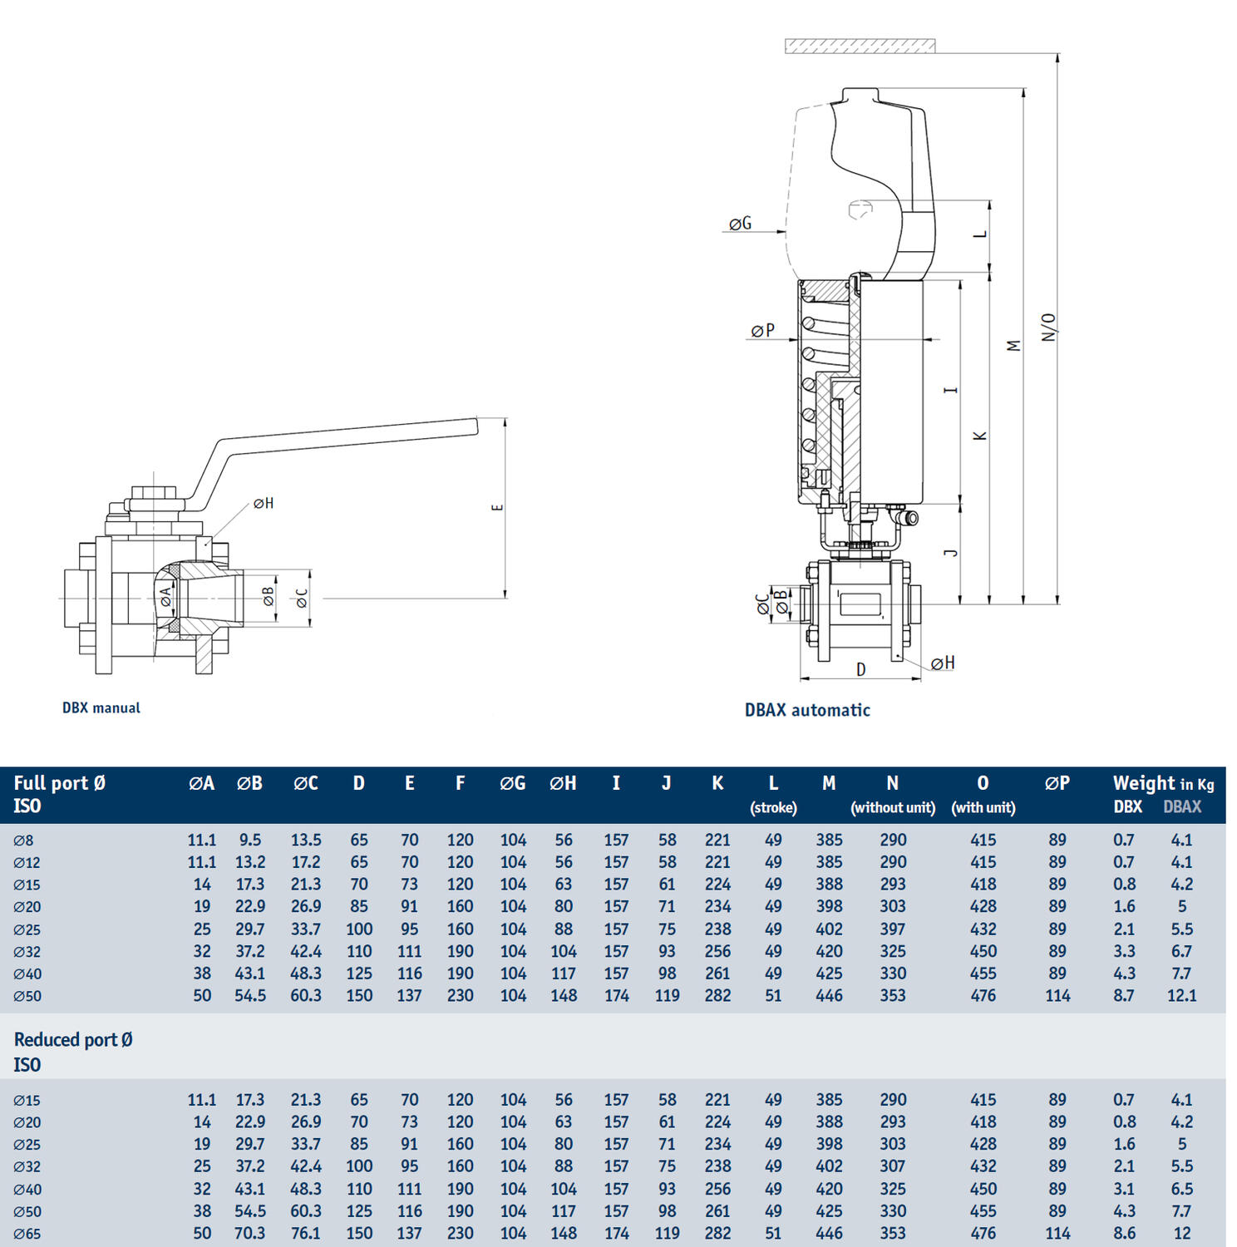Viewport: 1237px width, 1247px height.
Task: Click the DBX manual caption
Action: [x=101, y=708]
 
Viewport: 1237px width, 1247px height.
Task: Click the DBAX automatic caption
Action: [x=806, y=710]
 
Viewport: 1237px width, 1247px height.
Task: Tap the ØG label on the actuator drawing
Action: [x=740, y=224]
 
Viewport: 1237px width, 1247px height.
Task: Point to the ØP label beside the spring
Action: [x=762, y=331]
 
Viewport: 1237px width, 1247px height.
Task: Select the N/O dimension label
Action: [x=1048, y=327]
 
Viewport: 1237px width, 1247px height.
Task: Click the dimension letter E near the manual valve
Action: [x=497, y=507]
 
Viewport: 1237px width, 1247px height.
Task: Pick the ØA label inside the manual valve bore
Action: [x=165, y=596]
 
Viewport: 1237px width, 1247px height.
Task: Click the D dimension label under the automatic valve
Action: [x=861, y=669]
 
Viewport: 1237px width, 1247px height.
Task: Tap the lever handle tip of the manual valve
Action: [x=474, y=426]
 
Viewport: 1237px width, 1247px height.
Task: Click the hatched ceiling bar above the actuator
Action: [x=860, y=46]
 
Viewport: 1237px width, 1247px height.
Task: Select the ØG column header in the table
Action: [x=512, y=783]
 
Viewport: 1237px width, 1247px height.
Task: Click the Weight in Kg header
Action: [x=1163, y=783]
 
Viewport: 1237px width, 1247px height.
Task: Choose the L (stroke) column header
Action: [x=773, y=793]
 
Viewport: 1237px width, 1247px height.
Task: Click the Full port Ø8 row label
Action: [x=23, y=840]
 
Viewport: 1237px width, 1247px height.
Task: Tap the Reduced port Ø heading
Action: [x=73, y=1040]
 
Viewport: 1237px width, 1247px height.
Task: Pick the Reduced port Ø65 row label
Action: [x=27, y=1234]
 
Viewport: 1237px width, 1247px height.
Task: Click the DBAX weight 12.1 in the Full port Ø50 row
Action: [x=1181, y=995]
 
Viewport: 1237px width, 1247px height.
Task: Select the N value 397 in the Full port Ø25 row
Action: [x=893, y=929]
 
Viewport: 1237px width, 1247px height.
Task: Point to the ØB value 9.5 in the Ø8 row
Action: [x=250, y=840]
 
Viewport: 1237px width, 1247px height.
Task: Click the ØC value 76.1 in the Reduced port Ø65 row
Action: [x=306, y=1233]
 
